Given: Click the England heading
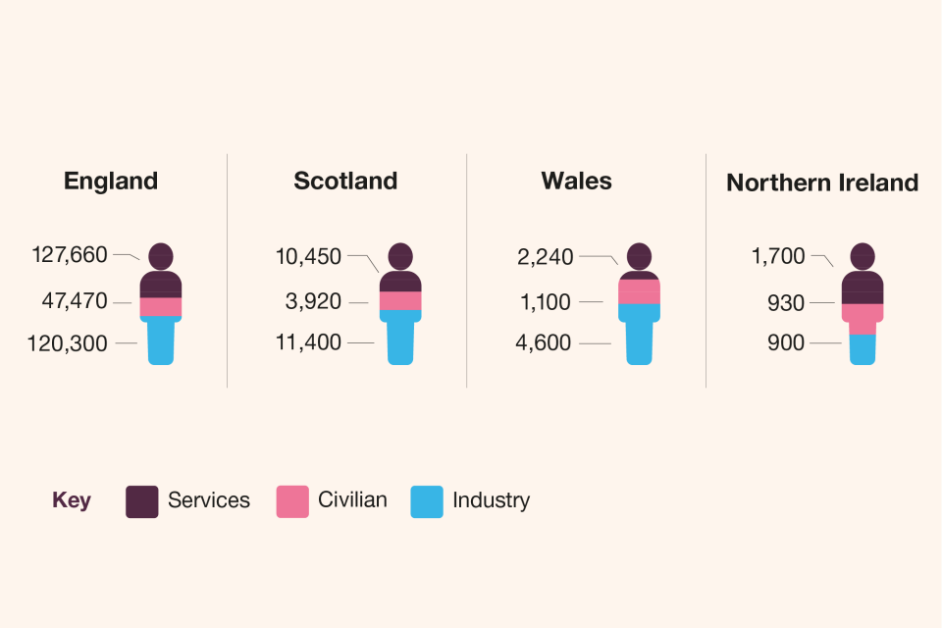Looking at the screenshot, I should [x=110, y=182].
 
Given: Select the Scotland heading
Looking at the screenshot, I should [x=345, y=182].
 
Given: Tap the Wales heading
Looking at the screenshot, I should [x=576, y=182].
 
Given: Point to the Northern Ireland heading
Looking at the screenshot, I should [x=822, y=183].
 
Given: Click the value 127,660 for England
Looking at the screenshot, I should [x=70, y=255].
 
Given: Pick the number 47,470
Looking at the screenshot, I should [x=75, y=301].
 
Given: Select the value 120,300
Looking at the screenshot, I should [x=70, y=343].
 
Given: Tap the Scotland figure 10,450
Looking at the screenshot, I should [x=309, y=257].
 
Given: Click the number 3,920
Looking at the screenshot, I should [x=314, y=302].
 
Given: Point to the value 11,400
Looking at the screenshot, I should [x=309, y=342].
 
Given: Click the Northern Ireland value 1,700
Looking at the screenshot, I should [x=778, y=257].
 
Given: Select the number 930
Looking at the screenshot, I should [x=786, y=303].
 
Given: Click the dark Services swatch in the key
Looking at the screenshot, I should [x=142, y=501].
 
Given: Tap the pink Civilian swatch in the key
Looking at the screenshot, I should [x=292, y=501].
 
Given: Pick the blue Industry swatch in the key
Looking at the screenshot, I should [x=427, y=501].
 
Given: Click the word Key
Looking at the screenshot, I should [x=72, y=500].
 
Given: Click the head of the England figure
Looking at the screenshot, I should [x=161, y=256].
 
